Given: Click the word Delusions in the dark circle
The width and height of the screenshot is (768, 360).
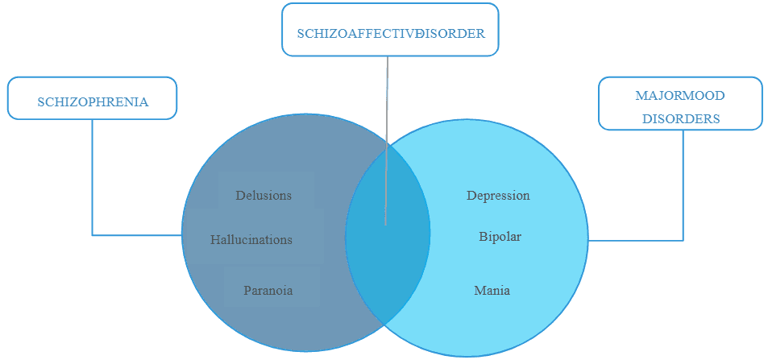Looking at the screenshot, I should tap(264, 195).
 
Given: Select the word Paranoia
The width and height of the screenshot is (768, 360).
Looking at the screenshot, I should tap(268, 290).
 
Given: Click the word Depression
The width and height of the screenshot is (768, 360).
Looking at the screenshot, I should tap(498, 196).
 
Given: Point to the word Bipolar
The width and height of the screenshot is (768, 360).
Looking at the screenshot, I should tap(500, 238).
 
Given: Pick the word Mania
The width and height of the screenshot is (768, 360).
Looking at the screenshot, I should tap(492, 290).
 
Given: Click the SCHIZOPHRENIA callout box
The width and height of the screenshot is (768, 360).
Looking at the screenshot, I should tap(93, 101).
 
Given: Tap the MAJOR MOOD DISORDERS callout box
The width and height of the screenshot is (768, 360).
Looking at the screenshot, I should tap(679, 105).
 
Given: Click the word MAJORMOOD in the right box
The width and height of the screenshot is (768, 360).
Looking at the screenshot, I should tap(680, 96).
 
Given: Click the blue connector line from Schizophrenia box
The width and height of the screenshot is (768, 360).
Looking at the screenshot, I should tap(93, 185).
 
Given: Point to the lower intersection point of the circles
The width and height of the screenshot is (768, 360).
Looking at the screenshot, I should tap(384, 324).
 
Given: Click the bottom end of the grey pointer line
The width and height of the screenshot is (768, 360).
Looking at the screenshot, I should tap(385, 223).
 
